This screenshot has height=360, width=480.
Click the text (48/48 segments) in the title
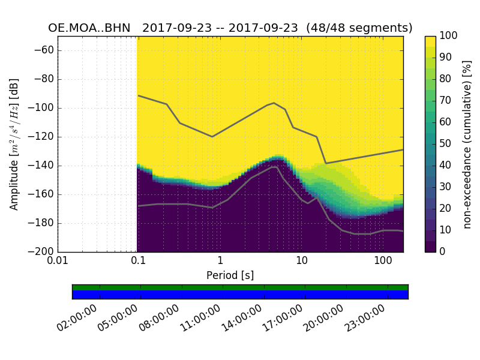tap(359, 28)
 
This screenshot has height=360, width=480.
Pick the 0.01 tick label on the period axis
tap(58, 262)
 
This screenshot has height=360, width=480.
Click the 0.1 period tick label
tap(139, 262)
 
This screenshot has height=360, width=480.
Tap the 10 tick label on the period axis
tap(302, 262)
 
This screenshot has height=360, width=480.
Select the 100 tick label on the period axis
tap(383, 262)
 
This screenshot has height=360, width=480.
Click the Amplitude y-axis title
tap(14, 144)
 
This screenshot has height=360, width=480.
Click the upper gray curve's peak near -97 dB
tap(274, 103)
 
